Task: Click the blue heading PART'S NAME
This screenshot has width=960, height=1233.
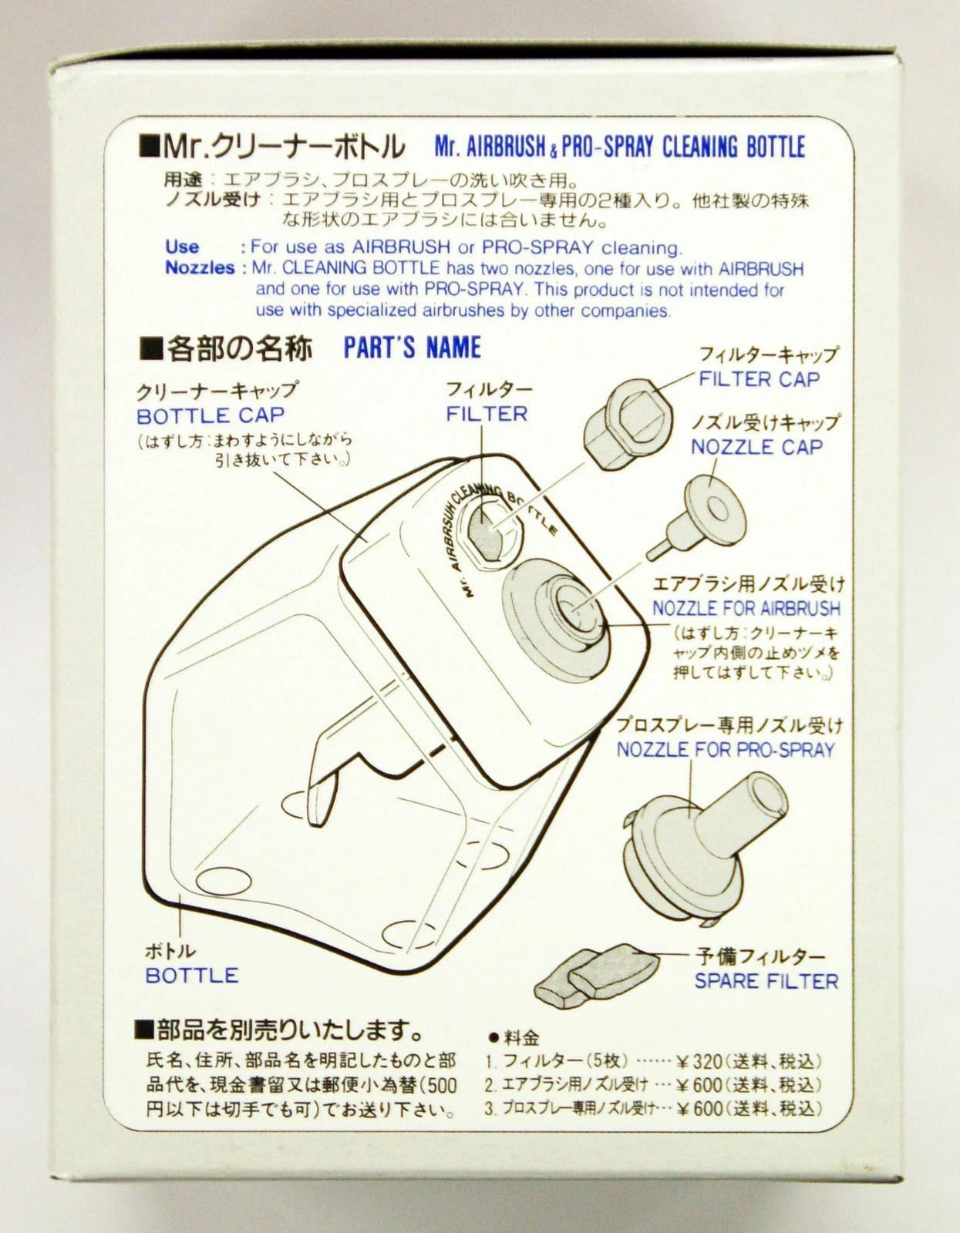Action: tap(413, 348)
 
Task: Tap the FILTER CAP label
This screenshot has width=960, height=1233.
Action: tap(759, 379)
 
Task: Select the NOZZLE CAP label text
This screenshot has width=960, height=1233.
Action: tap(756, 447)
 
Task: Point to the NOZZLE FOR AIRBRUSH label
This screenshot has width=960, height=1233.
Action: tap(746, 608)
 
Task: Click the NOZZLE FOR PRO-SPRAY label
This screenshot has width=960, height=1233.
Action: tap(726, 750)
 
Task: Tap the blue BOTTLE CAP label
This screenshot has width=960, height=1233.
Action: tap(210, 416)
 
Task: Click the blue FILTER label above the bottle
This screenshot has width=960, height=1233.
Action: tap(487, 414)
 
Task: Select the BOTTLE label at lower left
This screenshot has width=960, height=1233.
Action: tap(192, 976)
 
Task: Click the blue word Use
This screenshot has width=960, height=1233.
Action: tap(182, 247)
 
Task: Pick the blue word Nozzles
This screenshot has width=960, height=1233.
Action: tap(200, 268)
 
